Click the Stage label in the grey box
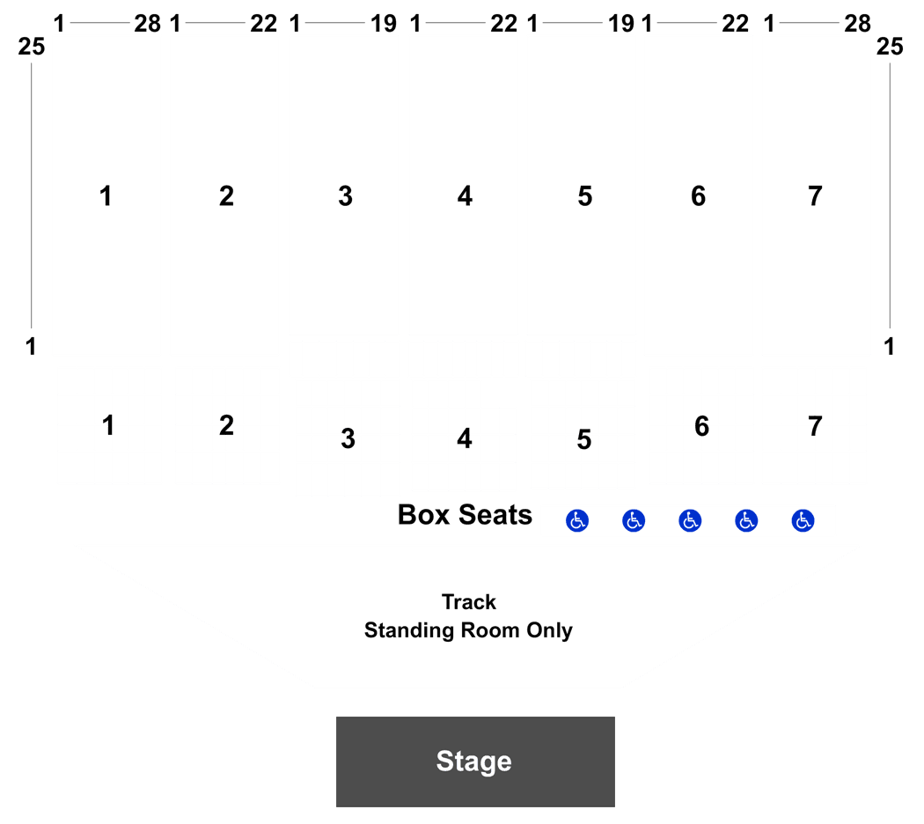(x=473, y=761)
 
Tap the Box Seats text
(x=465, y=514)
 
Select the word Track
(x=469, y=602)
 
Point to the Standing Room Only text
(x=468, y=630)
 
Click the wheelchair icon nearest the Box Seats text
(x=577, y=520)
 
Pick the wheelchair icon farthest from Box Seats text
(x=803, y=520)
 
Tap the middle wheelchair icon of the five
(x=690, y=520)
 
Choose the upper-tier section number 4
(x=465, y=195)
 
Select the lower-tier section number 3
(x=348, y=438)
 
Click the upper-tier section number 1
(x=106, y=195)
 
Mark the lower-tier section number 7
(x=815, y=425)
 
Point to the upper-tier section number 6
(x=699, y=195)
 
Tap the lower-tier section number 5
(x=584, y=439)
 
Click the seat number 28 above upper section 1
(x=147, y=24)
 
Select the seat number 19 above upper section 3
(x=384, y=24)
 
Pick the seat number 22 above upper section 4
(x=504, y=24)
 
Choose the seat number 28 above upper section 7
(x=857, y=24)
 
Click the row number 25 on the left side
(x=31, y=46)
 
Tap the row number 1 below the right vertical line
(x=890, y=347)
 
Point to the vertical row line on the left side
(x=31, y=195)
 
